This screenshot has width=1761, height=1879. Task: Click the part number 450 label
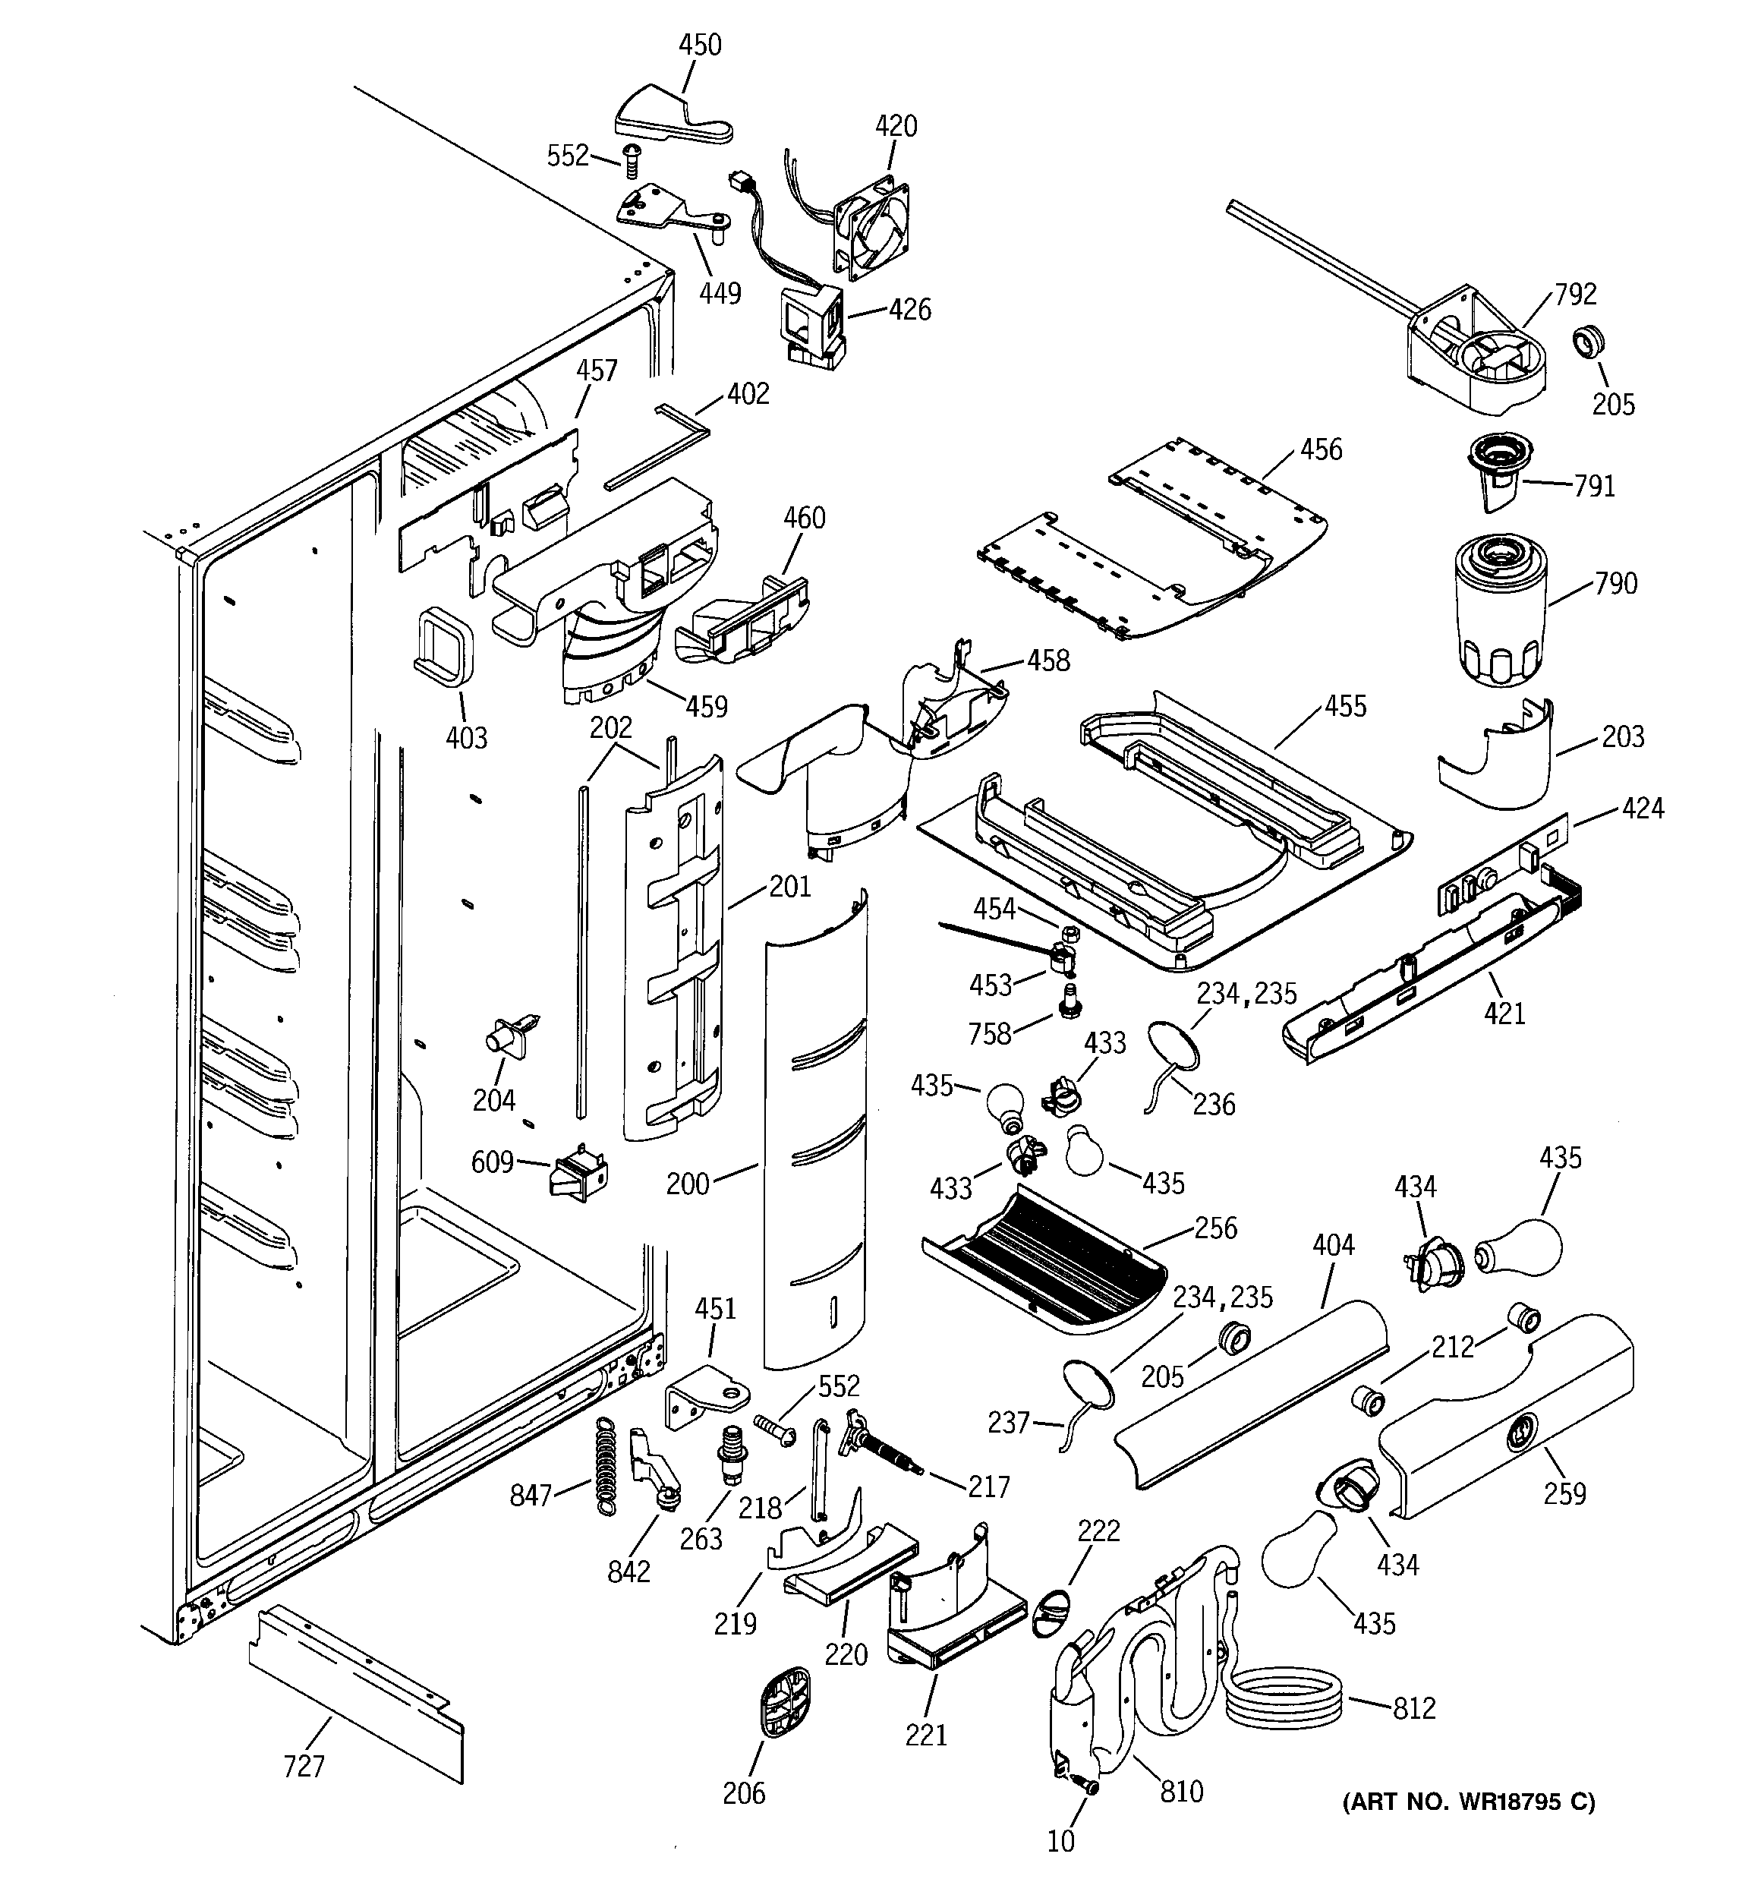click(700, 46)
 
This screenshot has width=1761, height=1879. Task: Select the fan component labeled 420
click(874, 228)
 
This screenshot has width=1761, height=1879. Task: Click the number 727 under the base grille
click(304, 1766)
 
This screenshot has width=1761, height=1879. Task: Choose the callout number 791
click(1594, 486)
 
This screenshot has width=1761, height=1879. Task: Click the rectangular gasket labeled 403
click(442, 645)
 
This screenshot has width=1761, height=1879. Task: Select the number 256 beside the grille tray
click(1214, 1228)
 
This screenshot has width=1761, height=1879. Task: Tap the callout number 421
click(1504, 1014)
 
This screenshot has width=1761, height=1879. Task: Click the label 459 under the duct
click(706, 706)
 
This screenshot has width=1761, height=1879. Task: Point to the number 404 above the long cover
click(1333, 1245)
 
